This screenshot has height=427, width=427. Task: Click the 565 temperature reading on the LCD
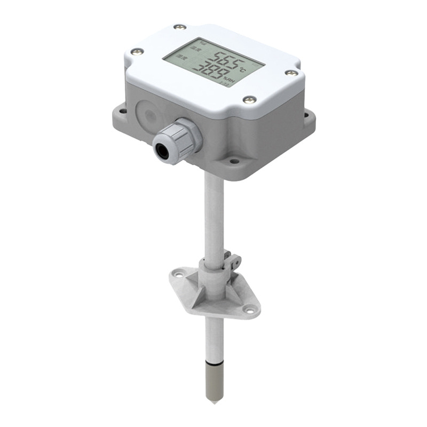pyautogui.click(x=223, y=59)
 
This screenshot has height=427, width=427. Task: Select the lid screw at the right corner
pyautogui.click(x=290, y=73)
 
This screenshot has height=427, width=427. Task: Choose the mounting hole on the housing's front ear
pyautogui.click(x=233, y=159)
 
